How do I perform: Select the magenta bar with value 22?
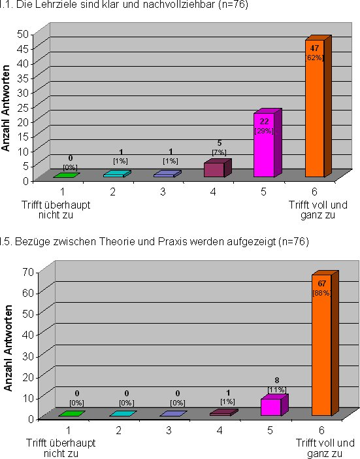267,143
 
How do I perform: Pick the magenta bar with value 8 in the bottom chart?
274,405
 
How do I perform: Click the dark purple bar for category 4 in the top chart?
218,168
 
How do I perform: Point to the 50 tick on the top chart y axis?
23,34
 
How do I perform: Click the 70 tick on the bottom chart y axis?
28,272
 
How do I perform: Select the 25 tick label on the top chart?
23,108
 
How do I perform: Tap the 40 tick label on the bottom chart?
28,335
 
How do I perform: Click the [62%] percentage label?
315,58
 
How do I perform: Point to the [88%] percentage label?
321,293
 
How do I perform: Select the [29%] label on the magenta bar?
264,131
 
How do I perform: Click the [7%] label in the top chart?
219,152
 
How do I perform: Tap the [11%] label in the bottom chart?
276,390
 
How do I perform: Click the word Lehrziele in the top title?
57,5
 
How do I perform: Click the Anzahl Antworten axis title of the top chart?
6,108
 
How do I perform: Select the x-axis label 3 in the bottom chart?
169,431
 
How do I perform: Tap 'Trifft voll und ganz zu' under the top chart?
318,210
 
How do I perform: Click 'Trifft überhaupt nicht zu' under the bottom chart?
61,448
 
